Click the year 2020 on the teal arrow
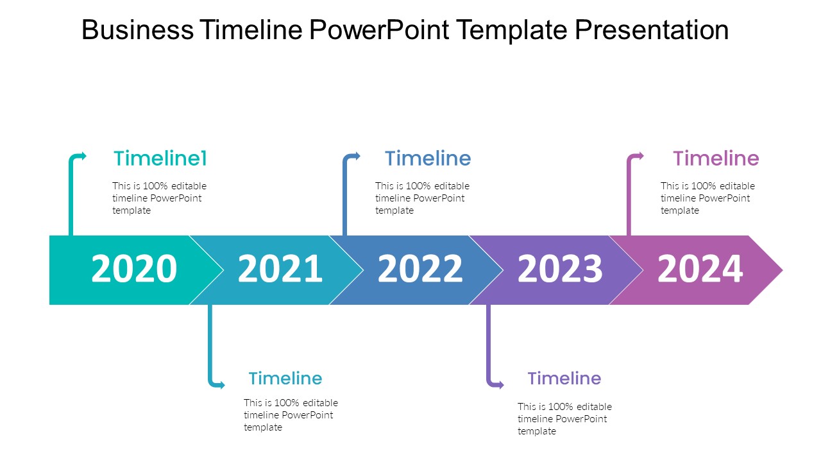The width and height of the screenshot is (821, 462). [134, 269]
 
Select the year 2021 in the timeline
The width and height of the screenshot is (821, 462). [280, 269]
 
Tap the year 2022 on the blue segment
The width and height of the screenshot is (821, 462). [420, 269]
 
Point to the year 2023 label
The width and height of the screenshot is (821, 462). [560, 269]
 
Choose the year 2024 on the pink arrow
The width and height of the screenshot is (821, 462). [700, 269]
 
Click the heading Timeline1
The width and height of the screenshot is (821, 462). [160, 158]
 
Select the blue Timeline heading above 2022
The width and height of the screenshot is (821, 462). [428, 158]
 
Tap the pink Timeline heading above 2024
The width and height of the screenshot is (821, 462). [716, 158]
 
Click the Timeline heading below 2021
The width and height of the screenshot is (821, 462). [285, 379]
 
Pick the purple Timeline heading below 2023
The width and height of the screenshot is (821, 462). [564, 379]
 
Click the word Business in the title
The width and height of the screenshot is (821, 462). [137, 30]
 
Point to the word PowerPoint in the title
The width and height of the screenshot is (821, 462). [379, 30]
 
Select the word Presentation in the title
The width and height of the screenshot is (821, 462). [652, 30]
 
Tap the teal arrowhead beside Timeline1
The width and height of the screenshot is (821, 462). [83, 156]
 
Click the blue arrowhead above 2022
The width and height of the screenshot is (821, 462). [357, 156]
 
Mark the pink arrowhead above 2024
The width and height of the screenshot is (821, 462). [640, 156]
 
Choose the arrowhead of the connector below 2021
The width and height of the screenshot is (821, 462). [222, 385]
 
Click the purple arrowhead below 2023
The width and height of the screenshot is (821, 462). [501, 385]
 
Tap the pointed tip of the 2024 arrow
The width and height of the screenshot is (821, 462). [783, 270]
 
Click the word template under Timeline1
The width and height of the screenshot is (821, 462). [131, 211]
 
